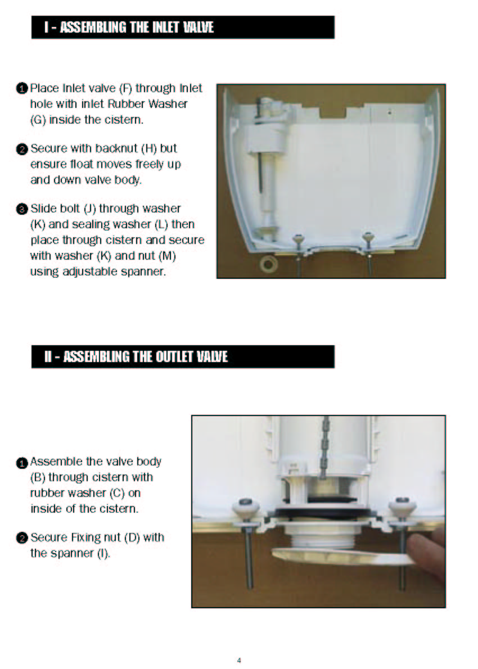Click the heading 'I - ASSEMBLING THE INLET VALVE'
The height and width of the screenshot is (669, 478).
point(129,28)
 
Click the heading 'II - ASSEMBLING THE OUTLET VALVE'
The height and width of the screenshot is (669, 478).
point(136,356)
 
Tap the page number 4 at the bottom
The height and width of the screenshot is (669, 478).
point(239,660)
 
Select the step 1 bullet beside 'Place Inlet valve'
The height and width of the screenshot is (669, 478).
point(22,89)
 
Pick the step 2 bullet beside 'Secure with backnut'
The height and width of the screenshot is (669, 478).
point(22,150)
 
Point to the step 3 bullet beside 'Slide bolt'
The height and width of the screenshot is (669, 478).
point(22,209)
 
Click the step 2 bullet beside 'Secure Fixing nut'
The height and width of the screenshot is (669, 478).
point(22,538)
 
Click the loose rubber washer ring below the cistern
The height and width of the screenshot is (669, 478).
point(269,264)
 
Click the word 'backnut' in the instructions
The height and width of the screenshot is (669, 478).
point(117,148)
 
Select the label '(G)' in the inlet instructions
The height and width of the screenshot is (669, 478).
point(38,120)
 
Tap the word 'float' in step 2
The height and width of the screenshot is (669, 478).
point(83,164)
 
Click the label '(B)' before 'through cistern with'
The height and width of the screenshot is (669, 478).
point(38,477)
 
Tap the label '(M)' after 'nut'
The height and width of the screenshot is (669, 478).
point(168,256)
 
